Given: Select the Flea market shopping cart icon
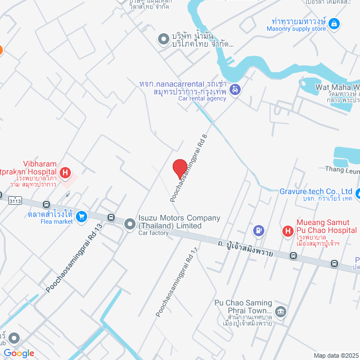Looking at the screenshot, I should coord(82,215).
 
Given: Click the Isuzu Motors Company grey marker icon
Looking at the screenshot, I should coord(129,222).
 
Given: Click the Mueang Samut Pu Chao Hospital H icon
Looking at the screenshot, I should coord(287,230).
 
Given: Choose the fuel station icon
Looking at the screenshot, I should coord(258,229).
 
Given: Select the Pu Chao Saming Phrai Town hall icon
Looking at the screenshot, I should coord(281,312).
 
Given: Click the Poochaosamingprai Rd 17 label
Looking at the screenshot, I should coord(177,281).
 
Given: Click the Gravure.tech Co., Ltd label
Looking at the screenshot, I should coord(316,191).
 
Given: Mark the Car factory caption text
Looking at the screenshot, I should coord(154,233).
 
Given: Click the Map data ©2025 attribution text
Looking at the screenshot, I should coord(336,355).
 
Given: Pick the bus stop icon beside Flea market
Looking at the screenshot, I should coord(46,205).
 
